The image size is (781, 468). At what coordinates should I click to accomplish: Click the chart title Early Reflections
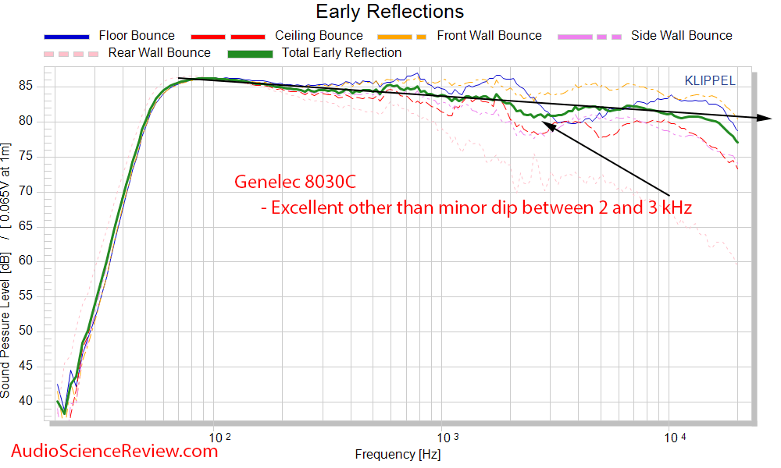pos(390,12)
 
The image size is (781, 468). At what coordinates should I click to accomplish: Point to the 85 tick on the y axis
pos(35,86)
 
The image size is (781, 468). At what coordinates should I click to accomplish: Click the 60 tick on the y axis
pos(35,261)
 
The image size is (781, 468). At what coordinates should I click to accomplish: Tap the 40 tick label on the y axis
pos(35,401)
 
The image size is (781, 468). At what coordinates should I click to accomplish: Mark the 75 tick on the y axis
pos(35,156)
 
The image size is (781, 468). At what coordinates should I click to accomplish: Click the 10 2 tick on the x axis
pos(221,437)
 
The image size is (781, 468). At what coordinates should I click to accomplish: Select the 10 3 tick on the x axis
pos(448,437)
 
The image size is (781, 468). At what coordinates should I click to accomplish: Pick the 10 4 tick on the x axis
pos(673,437)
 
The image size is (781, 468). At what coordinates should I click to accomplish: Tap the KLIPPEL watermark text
pos(710,80)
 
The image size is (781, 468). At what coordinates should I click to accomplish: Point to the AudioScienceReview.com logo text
pos(115,450)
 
